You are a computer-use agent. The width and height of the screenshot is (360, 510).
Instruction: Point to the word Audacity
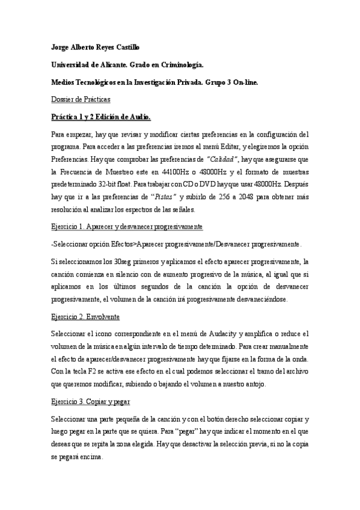coord(225,333)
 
